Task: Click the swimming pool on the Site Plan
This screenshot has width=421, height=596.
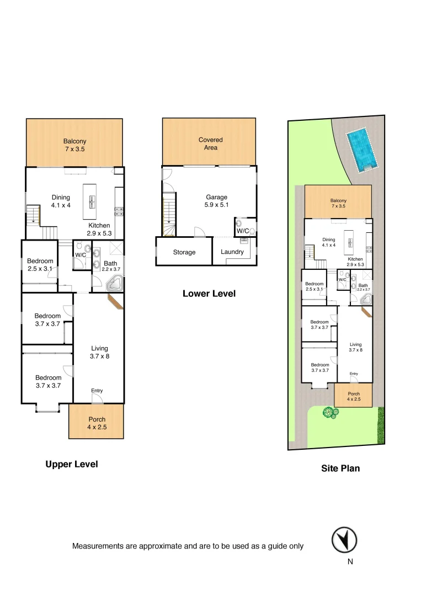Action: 362,150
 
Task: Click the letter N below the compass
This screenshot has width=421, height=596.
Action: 350,562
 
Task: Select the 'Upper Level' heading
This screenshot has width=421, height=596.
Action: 71,464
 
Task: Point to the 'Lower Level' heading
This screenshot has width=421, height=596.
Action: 209,294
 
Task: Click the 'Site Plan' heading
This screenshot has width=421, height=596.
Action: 340,468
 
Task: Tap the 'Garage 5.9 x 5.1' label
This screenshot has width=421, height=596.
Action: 216,201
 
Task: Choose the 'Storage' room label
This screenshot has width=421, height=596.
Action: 184,252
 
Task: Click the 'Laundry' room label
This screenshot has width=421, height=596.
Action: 232,252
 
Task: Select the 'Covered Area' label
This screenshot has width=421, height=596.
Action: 210,143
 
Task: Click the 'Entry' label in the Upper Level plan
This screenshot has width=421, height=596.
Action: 97,391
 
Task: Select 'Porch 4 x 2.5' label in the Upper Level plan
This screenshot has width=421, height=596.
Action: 97,423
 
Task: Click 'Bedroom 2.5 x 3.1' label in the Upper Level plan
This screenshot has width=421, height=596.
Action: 40,265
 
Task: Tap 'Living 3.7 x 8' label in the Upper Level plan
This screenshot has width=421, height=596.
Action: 100,352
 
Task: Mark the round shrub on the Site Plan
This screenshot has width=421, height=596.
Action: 330,412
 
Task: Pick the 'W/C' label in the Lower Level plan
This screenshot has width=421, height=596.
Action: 242,231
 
